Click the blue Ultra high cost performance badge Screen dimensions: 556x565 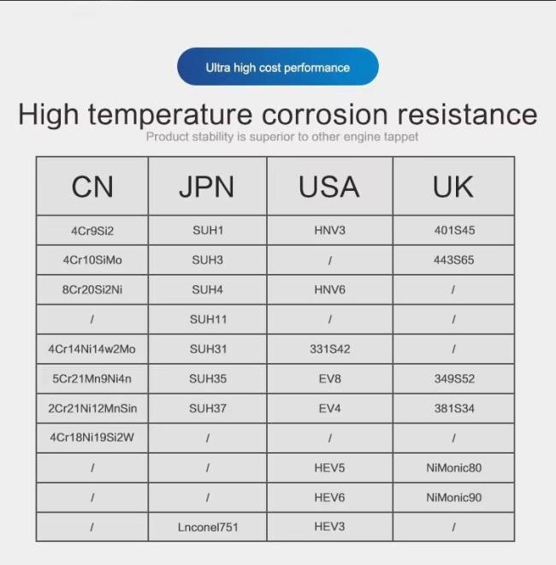pyautogui.click(x=278, y=67)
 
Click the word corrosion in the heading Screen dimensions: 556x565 pyautogui.click(x=324, y=114)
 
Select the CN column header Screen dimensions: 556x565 pyautogui.click(x=92, y=187)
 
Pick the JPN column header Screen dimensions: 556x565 pyautogui.click(x=207, y=187)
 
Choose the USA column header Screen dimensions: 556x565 pyautogui.click(x=329, y=187)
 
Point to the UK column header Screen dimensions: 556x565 pyautogui.click(x=453, y=187)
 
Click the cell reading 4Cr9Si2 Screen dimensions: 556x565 pyautogui.click(x=92, y=230)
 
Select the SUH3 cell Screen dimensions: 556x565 pyautogui.click(x=207, y=259)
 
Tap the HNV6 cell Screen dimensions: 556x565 pyautogui.click(x=329, y=289)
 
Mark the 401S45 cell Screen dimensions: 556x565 pyautogui.click(x=454, y=230)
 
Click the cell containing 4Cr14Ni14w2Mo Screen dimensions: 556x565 pyautogui.click(x=92, y=349)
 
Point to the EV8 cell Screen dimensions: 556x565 pyautogui.click(x=329, y=378)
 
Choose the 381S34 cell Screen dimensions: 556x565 pyautogui.click(x=454, y=408)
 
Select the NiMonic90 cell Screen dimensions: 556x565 pyautogui.click(x=453, y=497)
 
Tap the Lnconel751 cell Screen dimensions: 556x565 pyautogui.click(x=208, y=527)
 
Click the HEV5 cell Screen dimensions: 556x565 pyautogui.click(x=329, y=467)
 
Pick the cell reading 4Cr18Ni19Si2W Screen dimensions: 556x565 pyautogui.click(x=92, y=437)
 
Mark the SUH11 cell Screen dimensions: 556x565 pyautogui.click(x=208, y=319)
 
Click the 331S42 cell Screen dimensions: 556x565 pyautogui.click(x=330, y=349)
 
